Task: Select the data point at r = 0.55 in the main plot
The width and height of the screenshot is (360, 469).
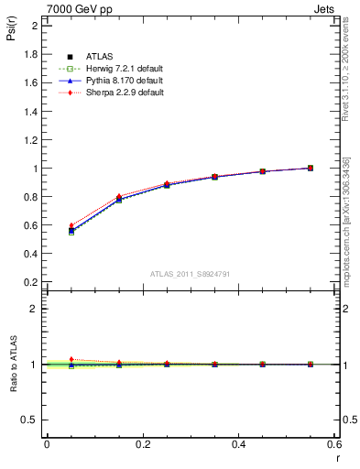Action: pos(311,168)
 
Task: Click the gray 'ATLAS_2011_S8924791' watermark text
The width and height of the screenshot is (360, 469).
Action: pos(190,273)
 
